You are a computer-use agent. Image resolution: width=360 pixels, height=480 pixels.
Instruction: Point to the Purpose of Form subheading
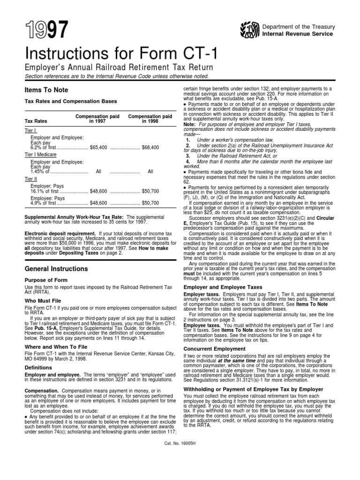click(45, 280)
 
